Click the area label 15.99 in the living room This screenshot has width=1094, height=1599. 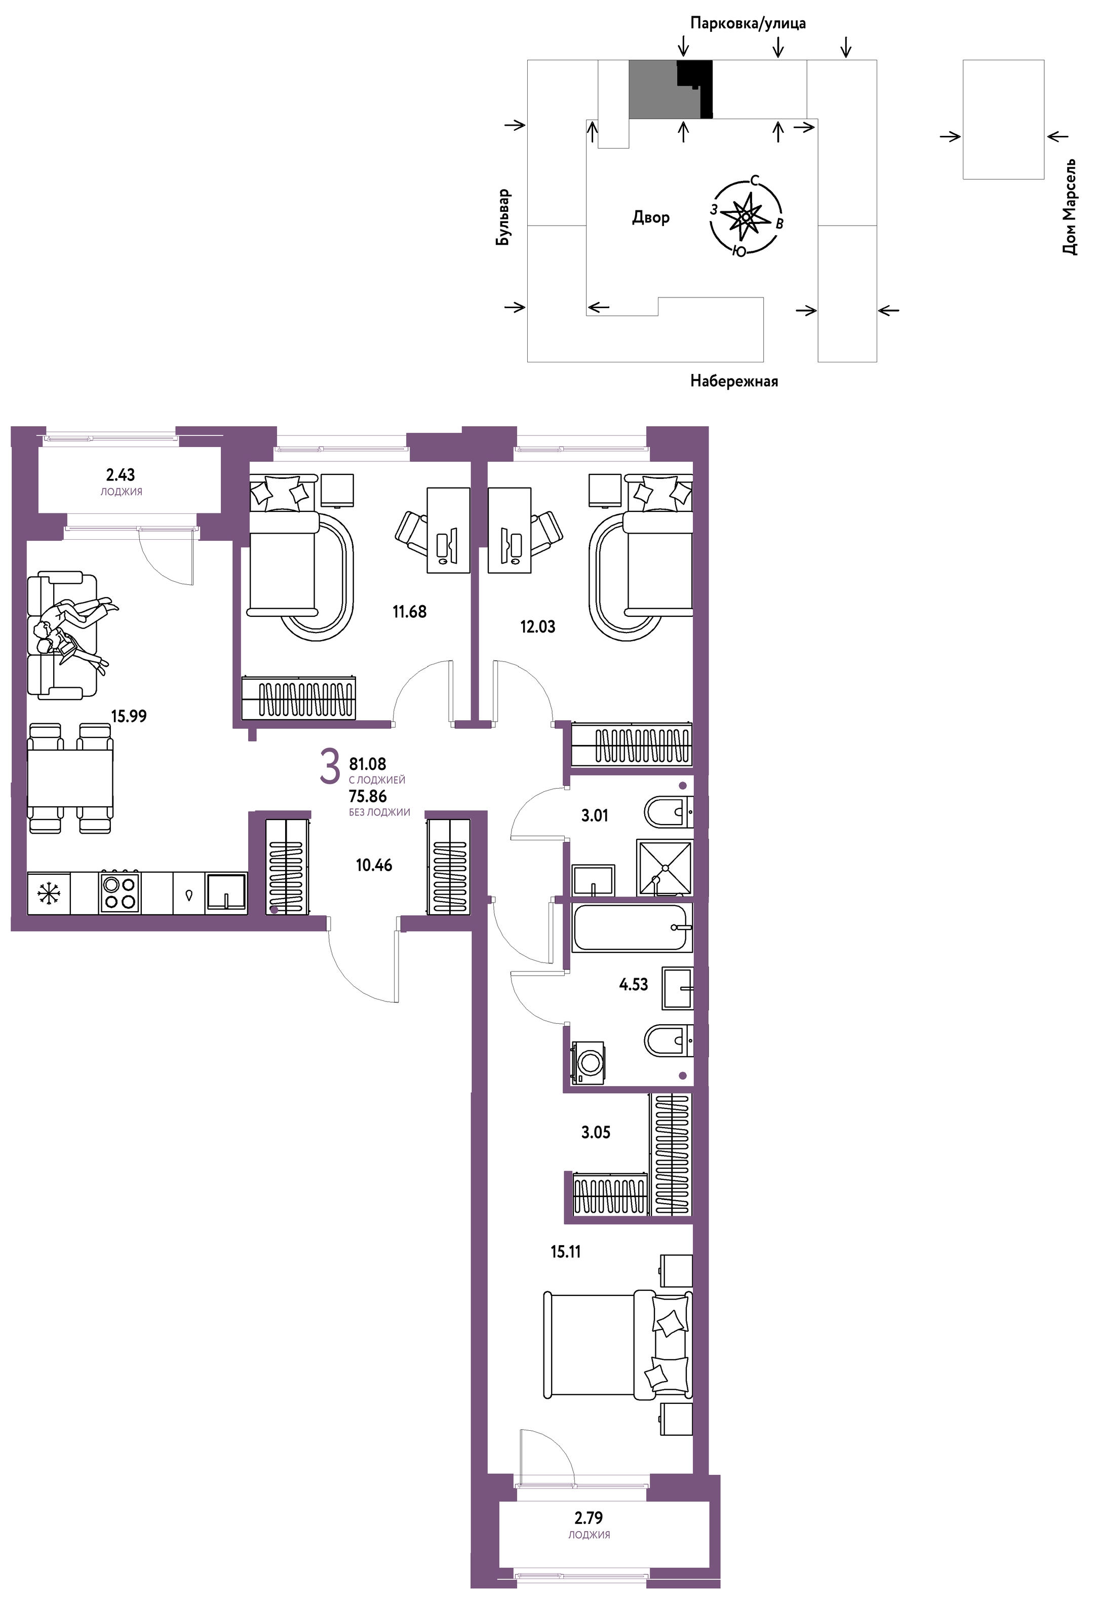point(129,716)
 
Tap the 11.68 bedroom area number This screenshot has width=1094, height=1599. point(409,611)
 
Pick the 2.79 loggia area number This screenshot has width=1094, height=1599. point(589,1517)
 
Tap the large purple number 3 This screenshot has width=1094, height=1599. point(330,767)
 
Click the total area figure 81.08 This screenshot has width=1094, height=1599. point(368,763)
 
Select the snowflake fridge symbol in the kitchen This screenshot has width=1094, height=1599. point(48,894)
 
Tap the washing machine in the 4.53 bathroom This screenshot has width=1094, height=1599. point(588,1062)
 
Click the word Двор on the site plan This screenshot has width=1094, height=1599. point(650,217)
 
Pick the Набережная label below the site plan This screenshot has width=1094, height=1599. point(734,381)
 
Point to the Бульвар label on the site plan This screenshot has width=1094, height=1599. point(504,217)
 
